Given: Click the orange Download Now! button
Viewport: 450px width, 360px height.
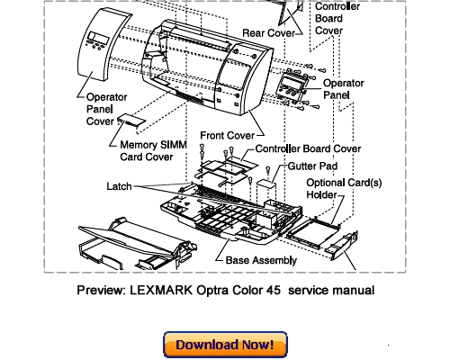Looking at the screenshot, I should click(225, 345).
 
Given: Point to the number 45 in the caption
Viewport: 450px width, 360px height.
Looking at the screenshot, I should click(289, 290).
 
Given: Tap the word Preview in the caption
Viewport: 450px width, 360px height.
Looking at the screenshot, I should click(102, 290).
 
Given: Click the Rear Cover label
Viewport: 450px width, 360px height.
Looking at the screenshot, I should click(267, 33).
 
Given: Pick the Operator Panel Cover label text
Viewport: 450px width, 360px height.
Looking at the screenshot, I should click(106, 109).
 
